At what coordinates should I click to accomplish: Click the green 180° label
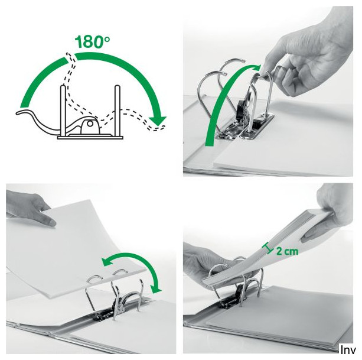click(x=92, y=41)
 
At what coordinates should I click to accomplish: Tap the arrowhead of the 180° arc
click(x=158, y=121)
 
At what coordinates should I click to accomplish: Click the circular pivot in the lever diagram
click(x=90, y=124)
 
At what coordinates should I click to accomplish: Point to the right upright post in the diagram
click(x=118, y=111)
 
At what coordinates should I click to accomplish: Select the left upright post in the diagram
click(x=63, y=111)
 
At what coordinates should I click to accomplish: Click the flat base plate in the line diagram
click(x=90, y=138)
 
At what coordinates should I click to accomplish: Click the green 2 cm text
click(x=287, y=251)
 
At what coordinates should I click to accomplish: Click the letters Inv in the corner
click(x=348, y=351)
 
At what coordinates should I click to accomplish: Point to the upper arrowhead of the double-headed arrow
click(x=107, y=262)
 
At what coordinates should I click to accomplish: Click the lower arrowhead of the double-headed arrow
click(x=156, y=289)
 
